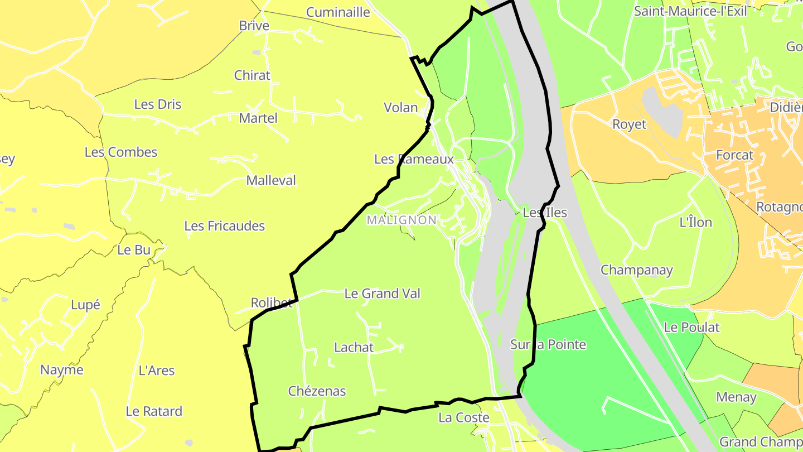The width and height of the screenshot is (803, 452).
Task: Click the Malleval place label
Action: pos(271,181)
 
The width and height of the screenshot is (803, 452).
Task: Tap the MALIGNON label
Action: pos(401,220)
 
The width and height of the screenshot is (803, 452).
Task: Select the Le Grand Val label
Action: pos(382,294)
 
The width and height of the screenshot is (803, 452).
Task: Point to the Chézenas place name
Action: pos(317,391)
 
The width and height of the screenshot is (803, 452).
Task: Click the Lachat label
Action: pos(354,347)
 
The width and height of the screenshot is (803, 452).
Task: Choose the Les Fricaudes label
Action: pos(224,226)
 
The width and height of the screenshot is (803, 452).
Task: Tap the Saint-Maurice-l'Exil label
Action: pos(690,12)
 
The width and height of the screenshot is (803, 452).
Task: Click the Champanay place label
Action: pos(636,270)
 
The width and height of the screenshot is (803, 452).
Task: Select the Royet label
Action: pos(629,124)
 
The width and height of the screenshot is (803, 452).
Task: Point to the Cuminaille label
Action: pos(338,12)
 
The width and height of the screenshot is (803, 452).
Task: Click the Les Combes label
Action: pos(121,152)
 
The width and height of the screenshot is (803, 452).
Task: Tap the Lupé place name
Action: pos(85,305)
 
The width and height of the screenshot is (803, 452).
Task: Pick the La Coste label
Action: pos(463,417)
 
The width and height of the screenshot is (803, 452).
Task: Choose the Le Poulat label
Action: pos(691,328)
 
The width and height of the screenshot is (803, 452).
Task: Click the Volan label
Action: pos(400,108)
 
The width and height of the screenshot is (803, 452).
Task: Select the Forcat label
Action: pos(734,155)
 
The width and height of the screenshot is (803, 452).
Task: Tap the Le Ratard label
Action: pos(154,411)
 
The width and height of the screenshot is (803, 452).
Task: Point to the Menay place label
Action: pos(736,397)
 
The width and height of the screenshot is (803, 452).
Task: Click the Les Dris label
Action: pos(158,104)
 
